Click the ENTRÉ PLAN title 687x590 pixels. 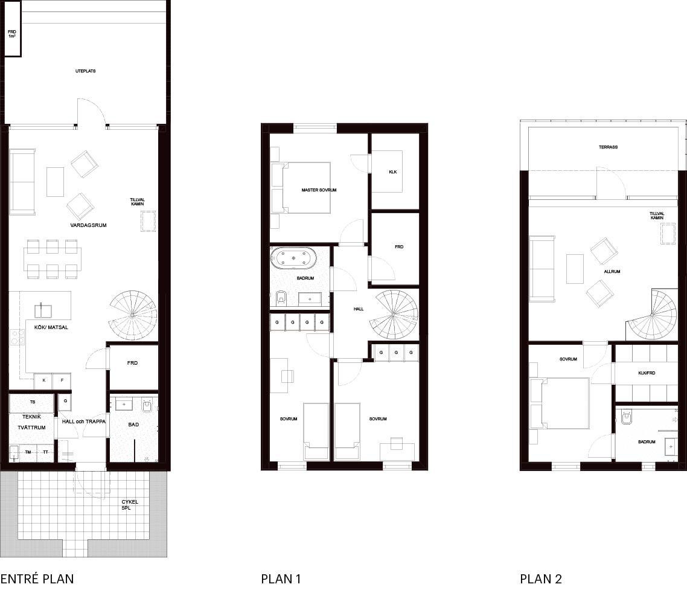click(37, 579)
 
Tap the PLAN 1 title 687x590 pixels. click(281, 579)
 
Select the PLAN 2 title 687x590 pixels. click(541, 579)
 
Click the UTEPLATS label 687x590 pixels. click(85, 71)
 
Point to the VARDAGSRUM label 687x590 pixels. click(88, 225)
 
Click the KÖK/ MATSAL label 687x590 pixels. click(51, 327)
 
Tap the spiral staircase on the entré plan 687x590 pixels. click(133, 314)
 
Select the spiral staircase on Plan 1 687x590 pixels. click(394, 315)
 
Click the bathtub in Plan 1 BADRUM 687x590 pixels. click(293, 258)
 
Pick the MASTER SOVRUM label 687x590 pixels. click(319, 190)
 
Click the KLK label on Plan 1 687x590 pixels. click(393, 172)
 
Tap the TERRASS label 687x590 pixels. click(608, 147)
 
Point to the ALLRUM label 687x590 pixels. click(612, 272)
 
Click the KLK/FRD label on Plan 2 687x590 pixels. click(647, 373)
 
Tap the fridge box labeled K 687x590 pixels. click(43, 380)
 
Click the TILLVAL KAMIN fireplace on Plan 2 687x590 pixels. click(668, 234)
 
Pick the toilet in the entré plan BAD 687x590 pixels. click(146, 405)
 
